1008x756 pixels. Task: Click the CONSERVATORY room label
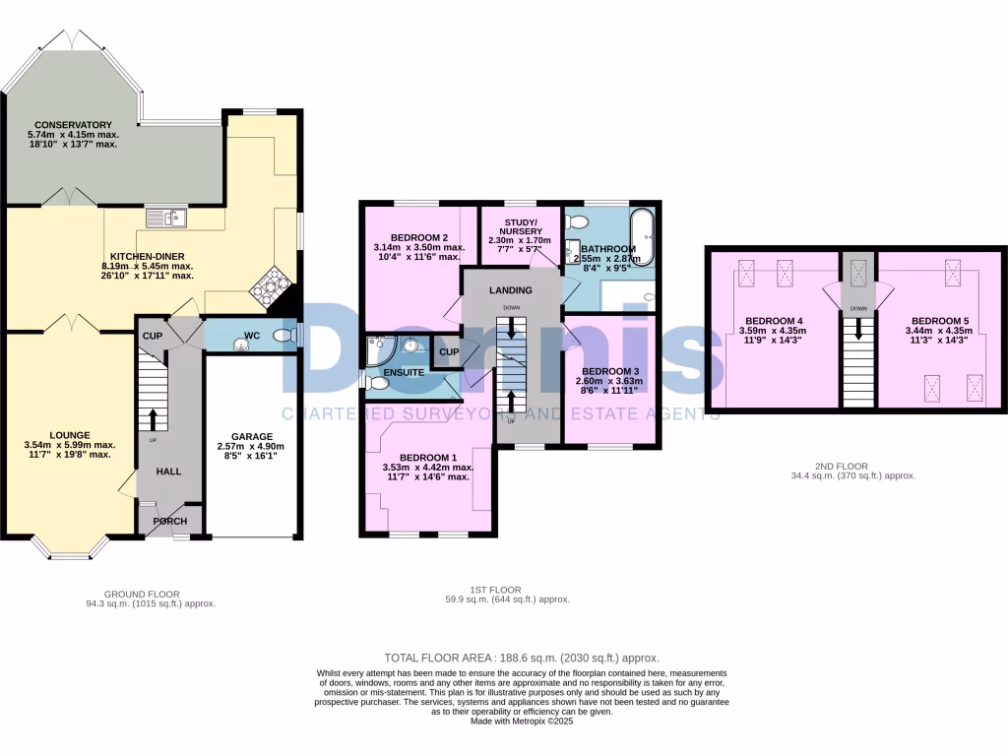coord(74,125)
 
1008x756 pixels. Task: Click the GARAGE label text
coord(252,436)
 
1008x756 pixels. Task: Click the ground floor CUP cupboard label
coord(152,336)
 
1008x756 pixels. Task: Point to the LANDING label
coord(511,290)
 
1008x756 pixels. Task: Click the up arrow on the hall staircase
coord(153,418)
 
